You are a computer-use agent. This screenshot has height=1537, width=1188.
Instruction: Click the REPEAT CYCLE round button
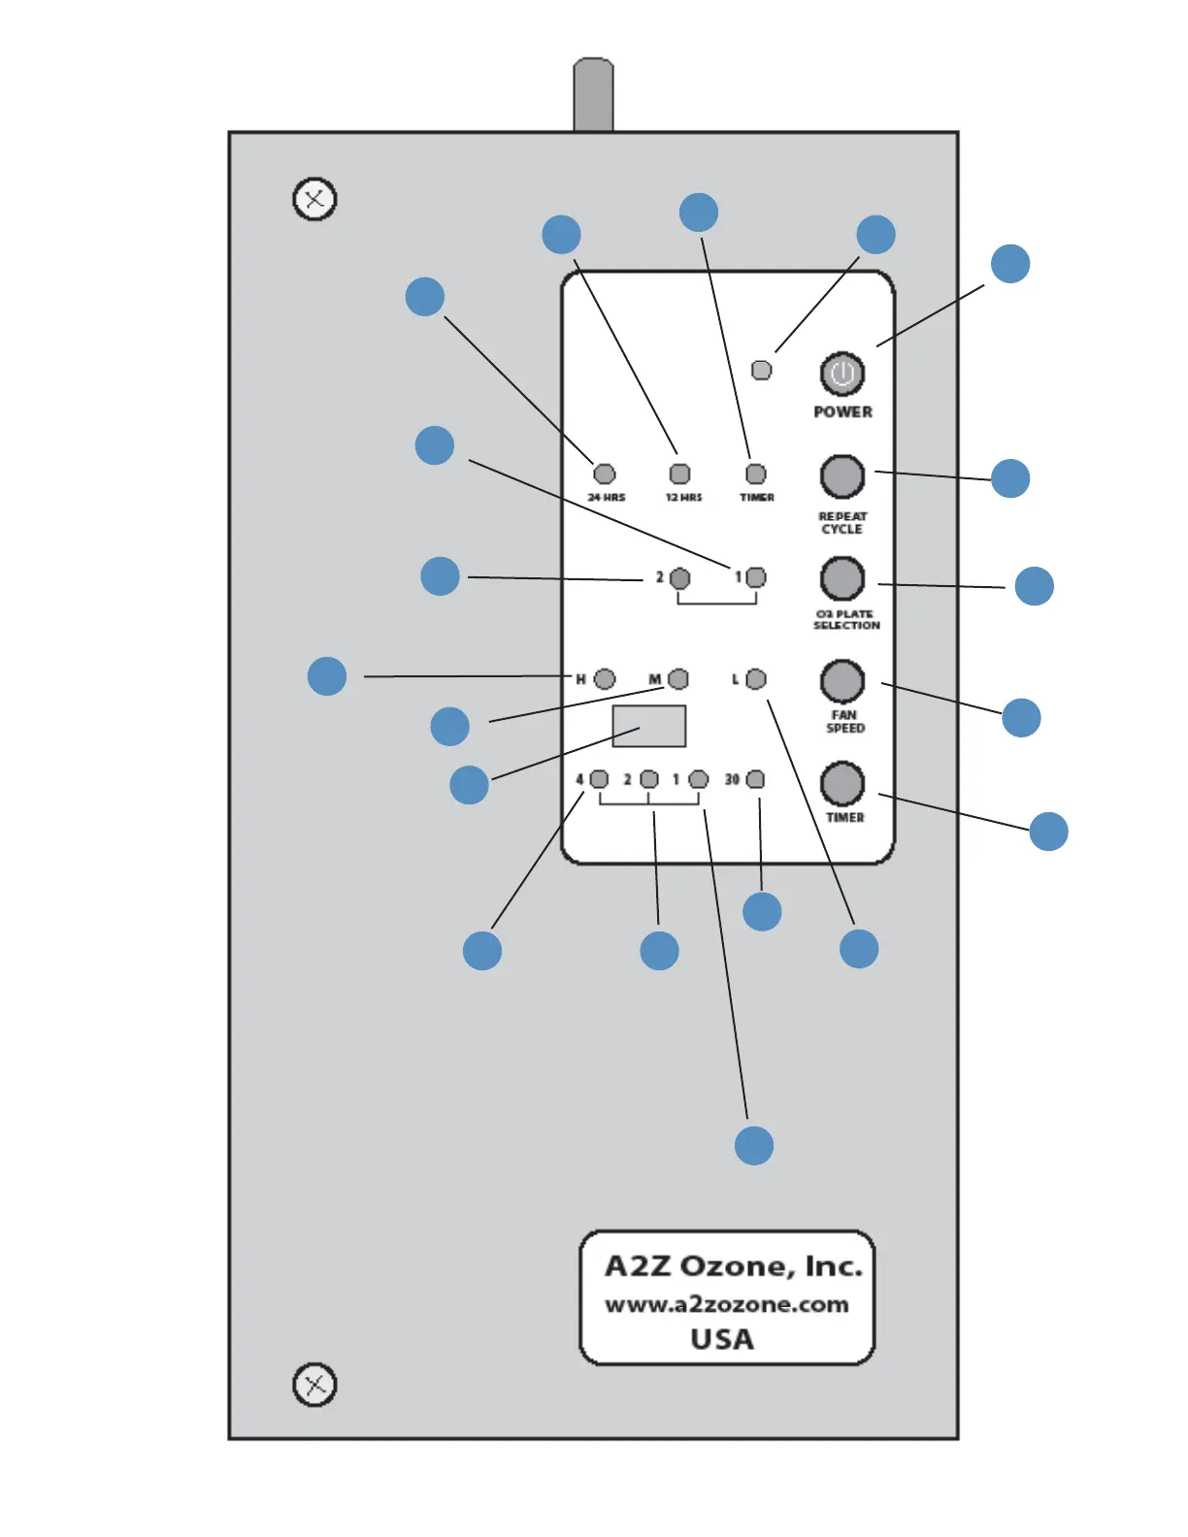pos(841,476)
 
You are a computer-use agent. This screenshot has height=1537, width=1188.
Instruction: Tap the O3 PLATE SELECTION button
pos(841,578)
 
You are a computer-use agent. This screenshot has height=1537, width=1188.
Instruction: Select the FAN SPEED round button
pos(841,681)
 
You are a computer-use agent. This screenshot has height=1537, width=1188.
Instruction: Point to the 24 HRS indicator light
pos(604,474)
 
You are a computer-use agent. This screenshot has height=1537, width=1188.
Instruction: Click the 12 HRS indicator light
pos(679,474)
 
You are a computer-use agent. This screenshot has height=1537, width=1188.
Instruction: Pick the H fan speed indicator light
pos(604,678)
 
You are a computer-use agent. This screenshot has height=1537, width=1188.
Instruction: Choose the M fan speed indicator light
pos(677,678)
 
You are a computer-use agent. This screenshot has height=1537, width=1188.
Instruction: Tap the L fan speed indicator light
pos(755,678)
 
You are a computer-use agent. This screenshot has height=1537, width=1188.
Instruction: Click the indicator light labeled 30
pos(754,779)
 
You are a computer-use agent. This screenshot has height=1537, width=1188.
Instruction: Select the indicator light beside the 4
pos(599,779)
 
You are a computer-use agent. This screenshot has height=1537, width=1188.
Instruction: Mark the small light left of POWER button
pos(762,370)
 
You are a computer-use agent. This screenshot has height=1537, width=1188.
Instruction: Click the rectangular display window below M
pos(648,726)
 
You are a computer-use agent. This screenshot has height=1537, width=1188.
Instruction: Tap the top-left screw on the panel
pos(314,200)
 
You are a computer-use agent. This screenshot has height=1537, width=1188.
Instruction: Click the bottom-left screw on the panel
pos(314,1385)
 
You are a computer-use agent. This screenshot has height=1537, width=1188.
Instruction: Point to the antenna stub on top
pos(593,94)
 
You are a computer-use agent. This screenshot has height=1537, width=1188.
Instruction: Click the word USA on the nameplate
pos(721,1339)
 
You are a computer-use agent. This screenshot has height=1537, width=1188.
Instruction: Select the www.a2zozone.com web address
pos(726,1304)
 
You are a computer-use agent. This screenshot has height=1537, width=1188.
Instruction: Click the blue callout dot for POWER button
pos(1009,264)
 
